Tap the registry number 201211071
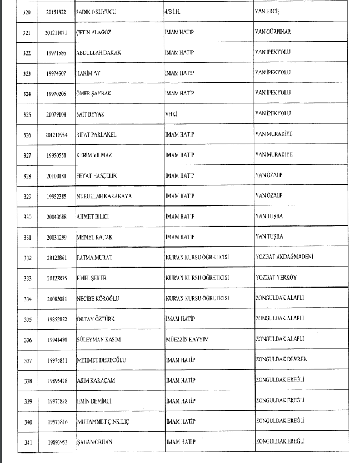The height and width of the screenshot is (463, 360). click(57, 32)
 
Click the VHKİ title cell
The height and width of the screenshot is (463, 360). click(171, 114)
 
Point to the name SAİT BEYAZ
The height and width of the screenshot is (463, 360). click(91, 114)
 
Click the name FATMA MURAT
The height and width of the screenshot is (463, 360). click(95, 256)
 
